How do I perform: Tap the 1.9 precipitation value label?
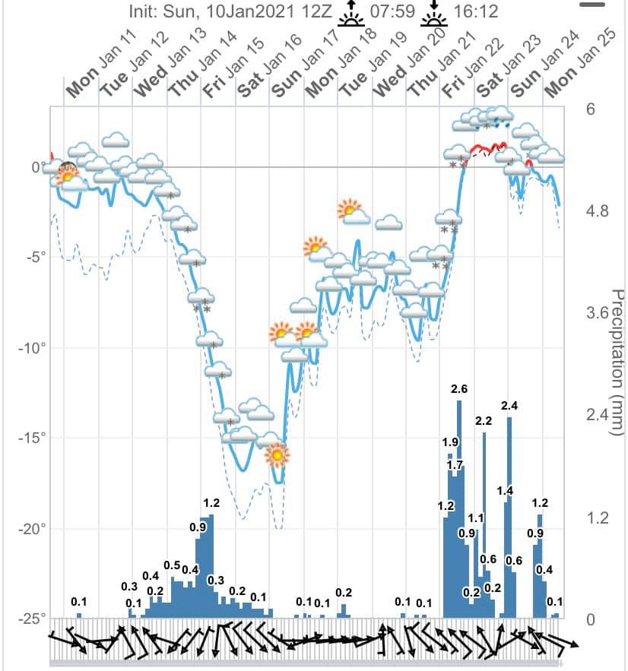[450, 442]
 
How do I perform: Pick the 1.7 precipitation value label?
[455, 464]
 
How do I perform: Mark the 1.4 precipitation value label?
[505, 490]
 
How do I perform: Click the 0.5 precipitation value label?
[172, 565]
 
